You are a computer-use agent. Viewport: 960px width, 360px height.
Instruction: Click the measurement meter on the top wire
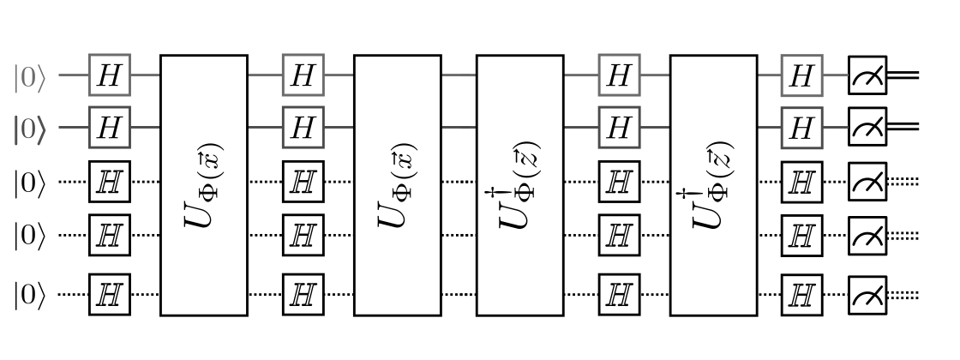867,77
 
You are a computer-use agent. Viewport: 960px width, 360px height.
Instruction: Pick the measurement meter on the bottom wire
867,295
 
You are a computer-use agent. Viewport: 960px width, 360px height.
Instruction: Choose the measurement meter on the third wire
867,183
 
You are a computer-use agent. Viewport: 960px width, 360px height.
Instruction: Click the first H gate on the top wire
110,77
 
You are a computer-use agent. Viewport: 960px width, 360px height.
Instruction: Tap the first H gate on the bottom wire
110,295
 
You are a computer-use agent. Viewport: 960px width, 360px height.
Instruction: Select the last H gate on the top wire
801,77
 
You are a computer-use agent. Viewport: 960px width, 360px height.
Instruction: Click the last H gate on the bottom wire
801,295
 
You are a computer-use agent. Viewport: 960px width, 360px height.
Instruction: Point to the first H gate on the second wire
110,128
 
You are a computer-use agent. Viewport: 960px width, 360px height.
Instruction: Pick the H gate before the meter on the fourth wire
801,234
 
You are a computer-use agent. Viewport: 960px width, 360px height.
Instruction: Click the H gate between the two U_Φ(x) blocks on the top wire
303,77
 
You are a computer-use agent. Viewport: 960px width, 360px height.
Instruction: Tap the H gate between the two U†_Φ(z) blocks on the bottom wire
618,295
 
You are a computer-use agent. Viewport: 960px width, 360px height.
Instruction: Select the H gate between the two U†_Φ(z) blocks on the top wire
618,77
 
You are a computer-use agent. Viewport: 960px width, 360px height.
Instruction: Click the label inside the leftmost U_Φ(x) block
204,185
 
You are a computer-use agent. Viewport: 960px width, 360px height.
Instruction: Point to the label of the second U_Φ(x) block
397,185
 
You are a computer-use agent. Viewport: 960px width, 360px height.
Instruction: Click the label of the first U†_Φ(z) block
519,185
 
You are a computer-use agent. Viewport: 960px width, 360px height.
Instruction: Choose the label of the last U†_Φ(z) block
712,185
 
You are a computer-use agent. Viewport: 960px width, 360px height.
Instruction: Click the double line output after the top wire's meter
903,77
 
